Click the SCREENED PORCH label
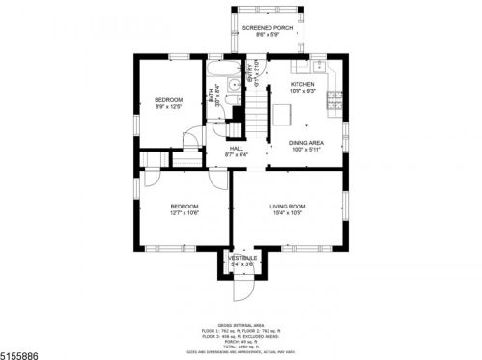tap(266, 28)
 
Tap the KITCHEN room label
tap(303, 85)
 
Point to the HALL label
tap(236, 148)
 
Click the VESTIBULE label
tap(241, 258)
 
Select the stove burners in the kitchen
tap(336, 97)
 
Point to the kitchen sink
tap(318, 67)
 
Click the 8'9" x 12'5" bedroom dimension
tap(168, 108)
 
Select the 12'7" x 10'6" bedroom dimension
tap(184, 213)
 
